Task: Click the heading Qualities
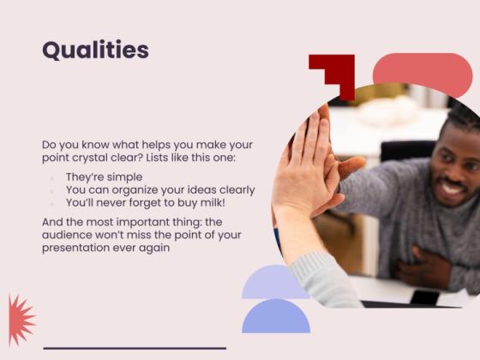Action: tap(95, 50)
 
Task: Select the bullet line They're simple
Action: tap(104, 177)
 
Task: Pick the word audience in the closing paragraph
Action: tap(69, 235)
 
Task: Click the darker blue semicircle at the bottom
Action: tap(276, 319)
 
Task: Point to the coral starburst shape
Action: tap(19, 319)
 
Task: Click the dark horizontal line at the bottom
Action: tap(135, 348)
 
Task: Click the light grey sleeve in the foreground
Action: tap(326, 279)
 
